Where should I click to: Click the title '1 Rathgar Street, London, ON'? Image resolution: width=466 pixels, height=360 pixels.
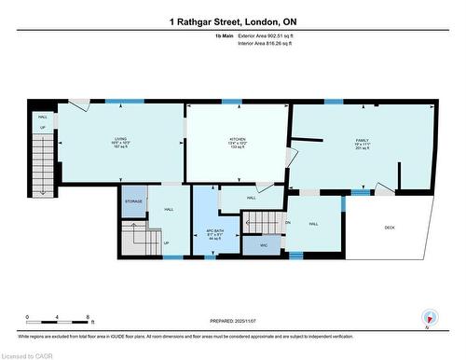233,21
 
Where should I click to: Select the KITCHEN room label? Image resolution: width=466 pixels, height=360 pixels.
238,141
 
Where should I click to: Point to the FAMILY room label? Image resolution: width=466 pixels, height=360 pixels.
362,140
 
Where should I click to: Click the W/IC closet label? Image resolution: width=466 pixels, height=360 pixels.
264,245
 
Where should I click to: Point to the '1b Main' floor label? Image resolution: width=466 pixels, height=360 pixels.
225,35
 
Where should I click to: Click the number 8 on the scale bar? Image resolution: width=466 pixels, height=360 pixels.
87,318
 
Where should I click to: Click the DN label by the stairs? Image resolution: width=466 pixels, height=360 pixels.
288,223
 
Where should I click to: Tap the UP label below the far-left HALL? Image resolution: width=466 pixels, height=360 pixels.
42,130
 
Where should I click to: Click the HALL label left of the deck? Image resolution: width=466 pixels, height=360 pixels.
314,224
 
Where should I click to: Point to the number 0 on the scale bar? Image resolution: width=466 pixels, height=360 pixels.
27,318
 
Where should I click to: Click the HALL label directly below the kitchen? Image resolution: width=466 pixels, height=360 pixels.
252,198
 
